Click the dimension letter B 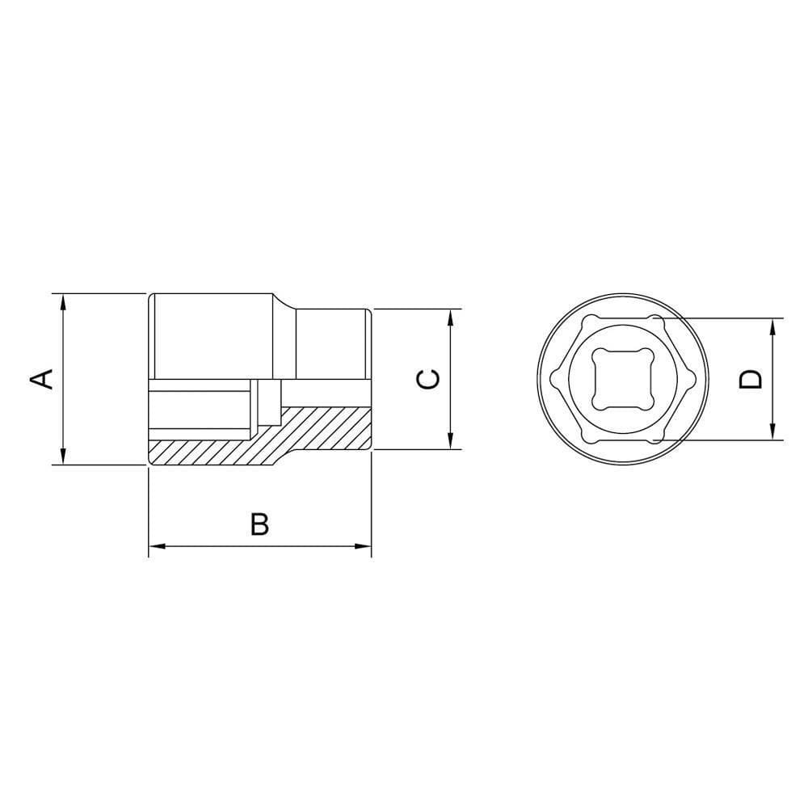point(259,524)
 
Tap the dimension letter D point(751,378)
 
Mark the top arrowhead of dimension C point(449,316)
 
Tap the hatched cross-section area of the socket point(323,428)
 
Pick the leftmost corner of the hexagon point(555,378)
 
